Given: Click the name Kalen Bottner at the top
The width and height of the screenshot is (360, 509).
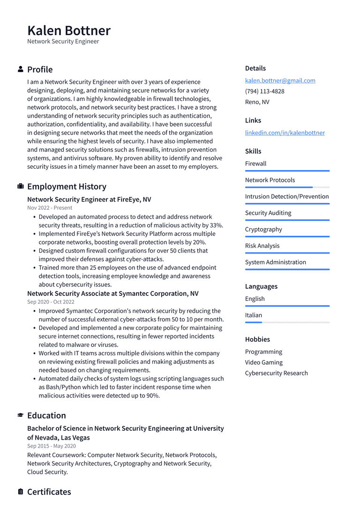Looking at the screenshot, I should pos(69,30).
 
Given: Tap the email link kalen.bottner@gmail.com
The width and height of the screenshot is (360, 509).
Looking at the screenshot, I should pos(280,81).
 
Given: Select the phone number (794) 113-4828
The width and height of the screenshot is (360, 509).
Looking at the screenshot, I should pos(264,91).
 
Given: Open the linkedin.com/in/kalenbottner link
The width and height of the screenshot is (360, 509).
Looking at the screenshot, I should pos(285,133).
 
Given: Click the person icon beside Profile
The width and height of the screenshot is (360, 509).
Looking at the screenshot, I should pos(21,69).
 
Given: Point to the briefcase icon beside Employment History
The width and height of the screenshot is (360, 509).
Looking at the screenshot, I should pos(21,187).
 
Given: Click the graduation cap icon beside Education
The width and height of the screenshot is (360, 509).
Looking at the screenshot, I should pos(21,415).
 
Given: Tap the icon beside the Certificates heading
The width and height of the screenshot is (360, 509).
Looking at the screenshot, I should pos(21,492).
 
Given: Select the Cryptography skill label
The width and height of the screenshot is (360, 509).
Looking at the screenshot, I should pos(263,229).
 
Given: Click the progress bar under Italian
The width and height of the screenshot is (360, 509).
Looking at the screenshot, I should pos(287,322).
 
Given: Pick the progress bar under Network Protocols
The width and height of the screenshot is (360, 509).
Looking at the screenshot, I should pos(287,187).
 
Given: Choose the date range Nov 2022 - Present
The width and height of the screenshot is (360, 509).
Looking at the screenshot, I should pos(50,208).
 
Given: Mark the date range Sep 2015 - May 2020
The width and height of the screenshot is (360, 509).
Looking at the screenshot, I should pos(51,446).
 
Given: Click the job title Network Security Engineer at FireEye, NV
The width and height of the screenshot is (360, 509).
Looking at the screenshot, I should pos(89,199).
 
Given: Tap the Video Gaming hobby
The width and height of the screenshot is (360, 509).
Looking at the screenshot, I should pos(263,362).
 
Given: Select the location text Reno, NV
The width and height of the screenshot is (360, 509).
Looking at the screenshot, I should pos(257,102).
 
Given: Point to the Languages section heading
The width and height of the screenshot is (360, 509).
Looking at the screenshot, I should pos(261,286).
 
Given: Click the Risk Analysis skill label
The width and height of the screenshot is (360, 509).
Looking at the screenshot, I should pos(262,246).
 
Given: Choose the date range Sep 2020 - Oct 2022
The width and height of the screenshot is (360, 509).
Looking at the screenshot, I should pos(51,302).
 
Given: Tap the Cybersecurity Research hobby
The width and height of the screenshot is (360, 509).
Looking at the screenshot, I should pos(276,373).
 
